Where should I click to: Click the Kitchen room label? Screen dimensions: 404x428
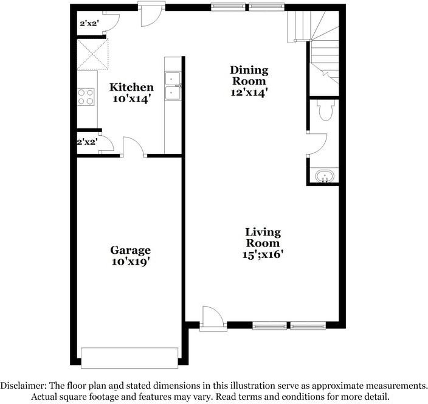pyautogui.click(x=131, y=88)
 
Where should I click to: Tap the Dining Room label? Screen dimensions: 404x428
pyautogui.click(x=248, y=75)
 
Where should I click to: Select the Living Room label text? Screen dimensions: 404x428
pyautogui.click(x=263, y=237)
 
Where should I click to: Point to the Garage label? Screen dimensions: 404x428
pyautogui.click(x=130, y=250)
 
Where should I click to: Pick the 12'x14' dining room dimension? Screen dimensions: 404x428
pyautogui.click(x=249, y=92)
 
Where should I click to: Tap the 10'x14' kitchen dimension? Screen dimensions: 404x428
pyautogui.click(x=131, y=98)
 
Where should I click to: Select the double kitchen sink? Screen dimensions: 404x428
pyautogui.click(x=173, y=86)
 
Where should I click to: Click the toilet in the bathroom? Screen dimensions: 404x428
pyautogui.click(x=325, y=110)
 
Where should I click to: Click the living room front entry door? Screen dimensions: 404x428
pyautogui.click(x=213, y=317)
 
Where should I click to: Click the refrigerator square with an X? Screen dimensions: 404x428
pyautogui.click(x=92, y=54)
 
